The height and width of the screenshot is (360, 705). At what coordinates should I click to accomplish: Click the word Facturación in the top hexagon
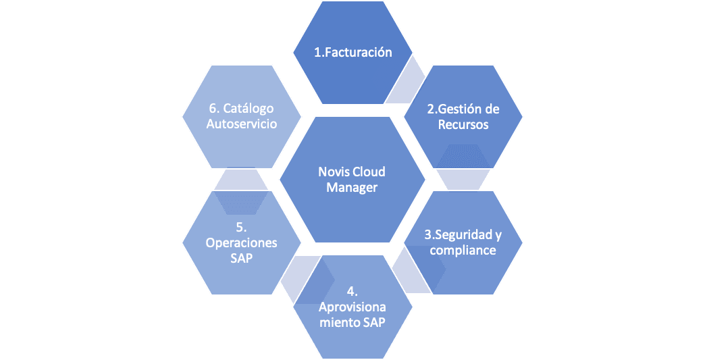(359, 53)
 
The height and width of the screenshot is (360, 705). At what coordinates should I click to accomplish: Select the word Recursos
(463, 124)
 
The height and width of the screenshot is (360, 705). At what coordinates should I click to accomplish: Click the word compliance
(463, 251)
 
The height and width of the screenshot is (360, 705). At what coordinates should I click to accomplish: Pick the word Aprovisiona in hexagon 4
(352, 307)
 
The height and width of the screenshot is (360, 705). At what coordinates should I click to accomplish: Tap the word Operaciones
(242, 243)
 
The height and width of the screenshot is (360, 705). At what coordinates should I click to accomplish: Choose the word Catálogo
(249, 108)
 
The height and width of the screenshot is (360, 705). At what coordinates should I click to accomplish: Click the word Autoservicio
(242, 124)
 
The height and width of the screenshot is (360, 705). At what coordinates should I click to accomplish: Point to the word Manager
(352, 187)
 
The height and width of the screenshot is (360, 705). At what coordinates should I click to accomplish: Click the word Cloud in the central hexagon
(369, 172)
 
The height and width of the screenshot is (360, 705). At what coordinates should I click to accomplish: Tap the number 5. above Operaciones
(242, 228)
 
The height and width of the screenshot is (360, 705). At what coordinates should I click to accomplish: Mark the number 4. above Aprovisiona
(352, 291)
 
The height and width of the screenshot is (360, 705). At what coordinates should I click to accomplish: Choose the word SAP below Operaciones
(242, 259)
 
